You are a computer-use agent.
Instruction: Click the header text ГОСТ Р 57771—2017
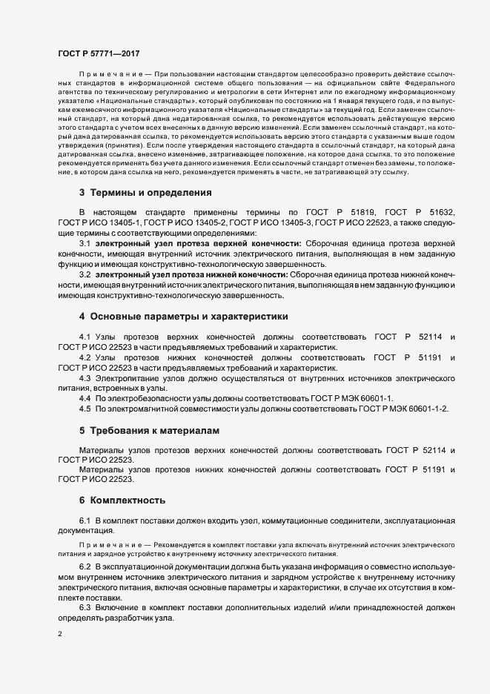coord(98,53)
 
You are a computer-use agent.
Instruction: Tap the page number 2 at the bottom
coord(60,635)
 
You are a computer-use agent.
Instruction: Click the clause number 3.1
coord(85,242)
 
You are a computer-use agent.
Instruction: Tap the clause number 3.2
coord(85,274)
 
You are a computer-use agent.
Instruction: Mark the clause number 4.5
coord(85,409)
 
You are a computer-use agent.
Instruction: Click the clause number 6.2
coord(85,566)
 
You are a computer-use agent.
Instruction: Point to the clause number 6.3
coord(85,607)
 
